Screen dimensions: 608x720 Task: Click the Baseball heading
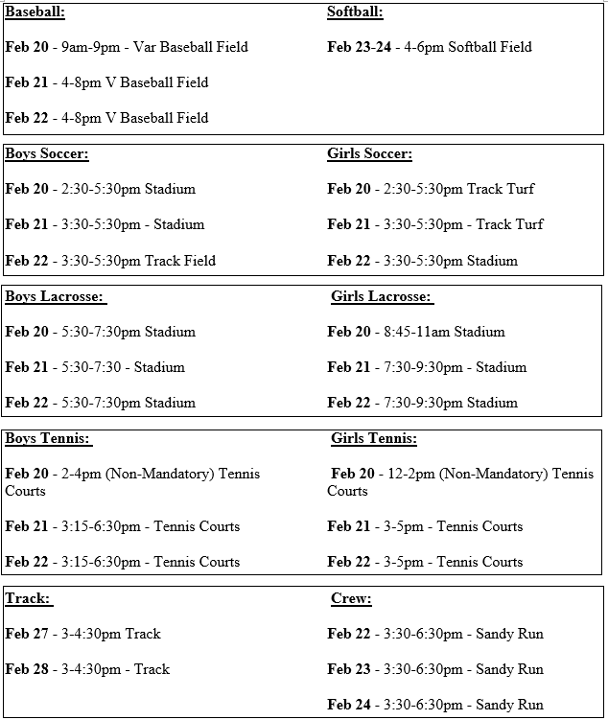tap(35, 12)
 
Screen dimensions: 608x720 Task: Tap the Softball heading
tap(355, 12)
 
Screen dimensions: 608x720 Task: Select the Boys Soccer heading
tap(47, 153)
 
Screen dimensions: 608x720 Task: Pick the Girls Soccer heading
tap(369, 153)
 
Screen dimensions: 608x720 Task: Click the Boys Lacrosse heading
tap(55, 296)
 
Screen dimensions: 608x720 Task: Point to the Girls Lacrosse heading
tap(381, 296)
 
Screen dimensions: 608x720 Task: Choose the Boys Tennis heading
tap(48, 438)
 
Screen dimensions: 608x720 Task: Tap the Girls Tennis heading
tap(374, 438)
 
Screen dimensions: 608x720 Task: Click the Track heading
tap(27, 598)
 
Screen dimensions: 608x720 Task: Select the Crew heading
tap(351, 598)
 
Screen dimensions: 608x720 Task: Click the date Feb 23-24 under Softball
tap(360, 47)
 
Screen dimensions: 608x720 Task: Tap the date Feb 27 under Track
tap(27, 634)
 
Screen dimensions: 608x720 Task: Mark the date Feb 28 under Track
tap(27, 669)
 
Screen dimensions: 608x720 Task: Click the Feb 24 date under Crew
tap(349, 705)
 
